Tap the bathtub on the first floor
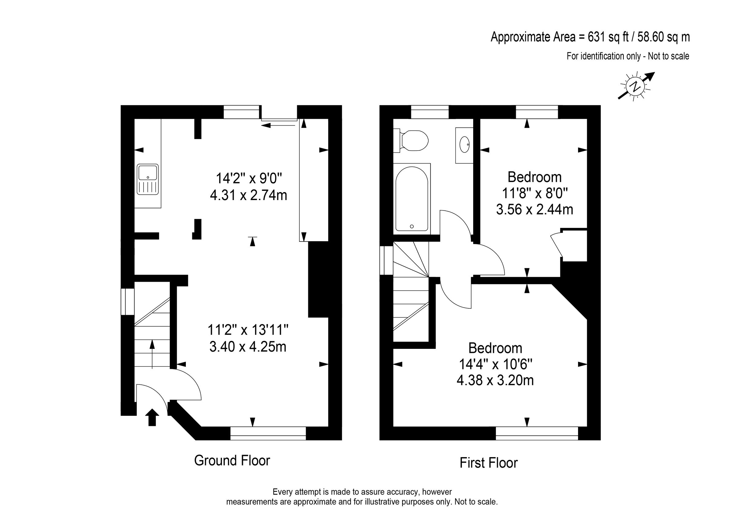412,199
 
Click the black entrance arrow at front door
152,417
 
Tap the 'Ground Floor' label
232,461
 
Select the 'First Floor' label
489,463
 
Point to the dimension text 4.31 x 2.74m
248,195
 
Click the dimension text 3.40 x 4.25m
248,346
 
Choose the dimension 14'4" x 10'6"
496,365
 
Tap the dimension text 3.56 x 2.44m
535,210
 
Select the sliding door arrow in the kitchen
278,125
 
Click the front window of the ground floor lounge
268,433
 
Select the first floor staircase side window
386,260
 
